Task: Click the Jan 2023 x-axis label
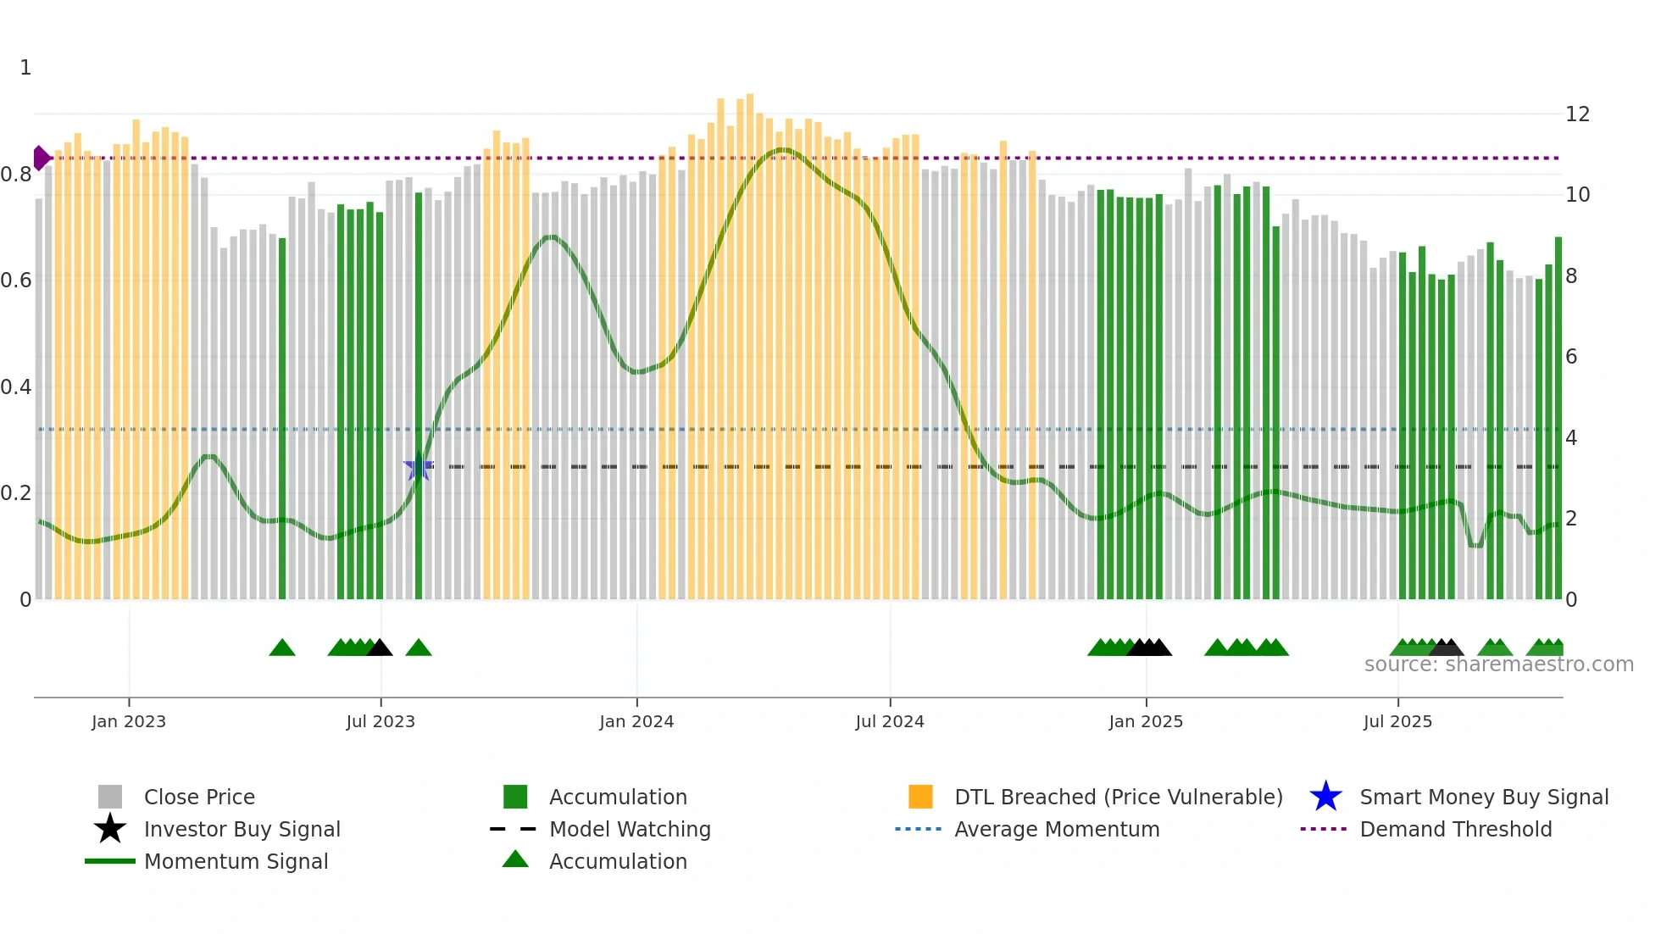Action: pos(129,721)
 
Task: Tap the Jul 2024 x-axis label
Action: pos(890,721)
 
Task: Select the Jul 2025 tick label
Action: pos(1397,721)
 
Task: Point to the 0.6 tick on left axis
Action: pos(16,281)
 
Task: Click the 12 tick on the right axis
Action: pos(1577,114)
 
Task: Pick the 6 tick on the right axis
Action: pos(1571,357)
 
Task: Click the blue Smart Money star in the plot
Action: pos(419,466)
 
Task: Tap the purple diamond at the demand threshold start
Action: pos(41,158)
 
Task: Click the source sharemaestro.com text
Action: pos(1498,664)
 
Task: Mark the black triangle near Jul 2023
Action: pos(379,648)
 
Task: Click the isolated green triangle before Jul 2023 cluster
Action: pos(282,648)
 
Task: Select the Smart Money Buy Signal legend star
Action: pos(1325,797)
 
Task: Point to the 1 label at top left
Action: pos(25,68)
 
